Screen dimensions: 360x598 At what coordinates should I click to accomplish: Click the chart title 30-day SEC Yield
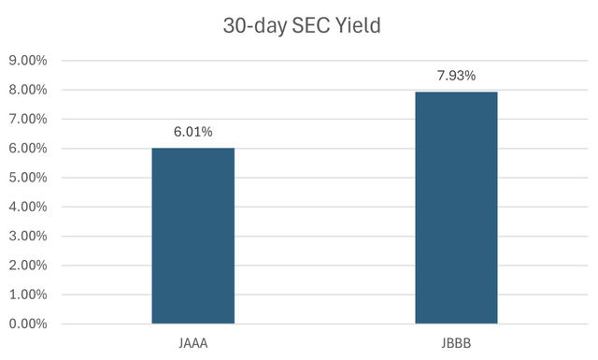[298, 25]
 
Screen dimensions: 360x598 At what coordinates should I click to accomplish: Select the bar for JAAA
[192, 236]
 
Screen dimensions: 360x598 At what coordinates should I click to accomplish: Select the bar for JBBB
[456, 208]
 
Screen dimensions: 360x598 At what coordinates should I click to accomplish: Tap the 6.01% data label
[192, 132]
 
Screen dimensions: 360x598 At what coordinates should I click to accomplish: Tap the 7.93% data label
[456, 76]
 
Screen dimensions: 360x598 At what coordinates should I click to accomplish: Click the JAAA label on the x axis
[192, 343]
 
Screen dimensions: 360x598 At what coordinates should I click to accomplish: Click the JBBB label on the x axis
[456, 343]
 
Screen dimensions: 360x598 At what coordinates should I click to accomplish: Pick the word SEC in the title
[306, 25]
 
